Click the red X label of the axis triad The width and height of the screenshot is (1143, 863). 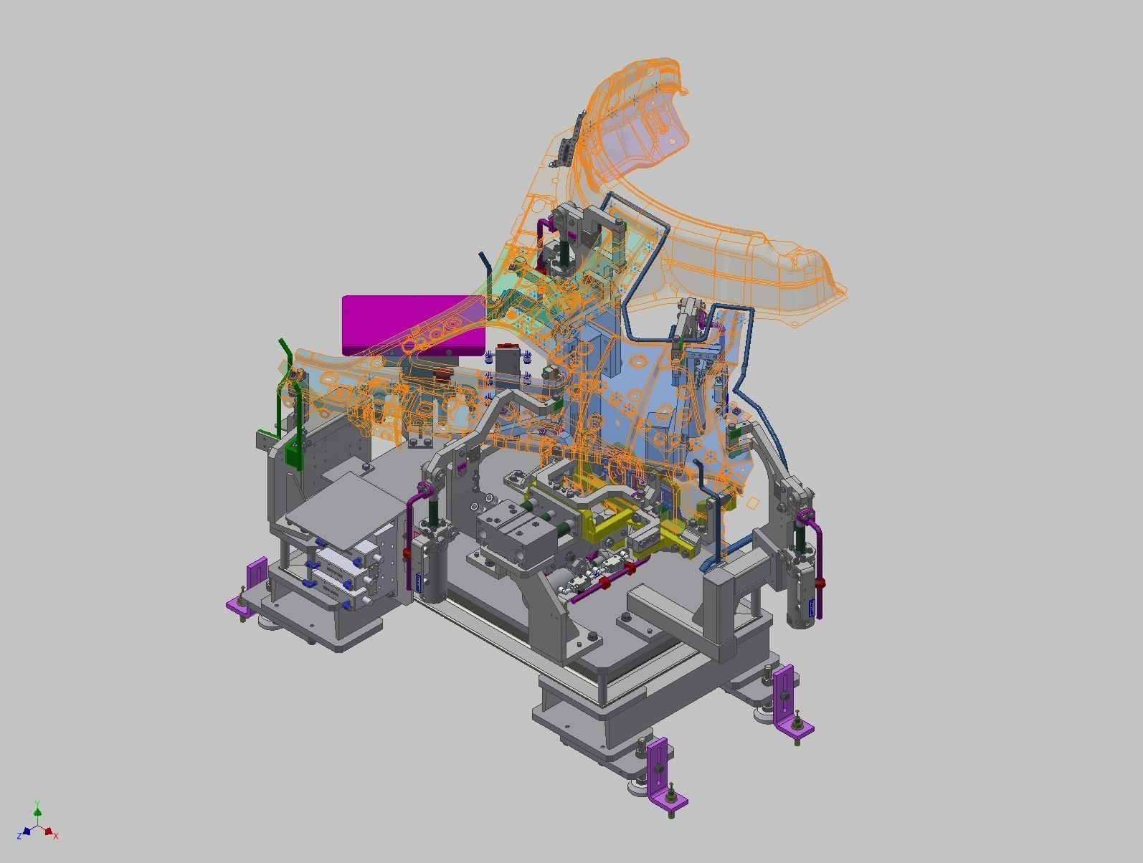tap(56, 836)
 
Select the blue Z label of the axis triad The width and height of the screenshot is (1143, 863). tap(19, 836)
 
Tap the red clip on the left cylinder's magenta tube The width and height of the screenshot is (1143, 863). tap(407, 554)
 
